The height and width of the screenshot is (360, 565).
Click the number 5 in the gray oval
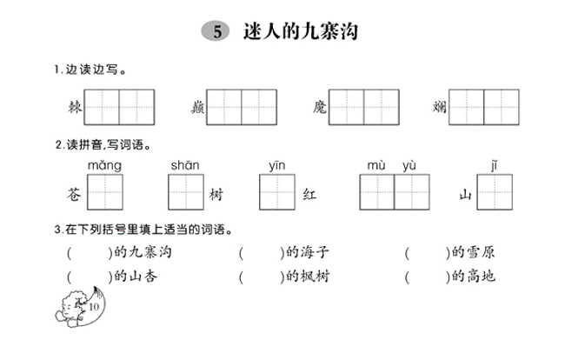pos(217,31)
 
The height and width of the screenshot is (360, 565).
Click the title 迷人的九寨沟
pos(301,31)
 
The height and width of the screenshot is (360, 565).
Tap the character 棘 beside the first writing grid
pos(76,107)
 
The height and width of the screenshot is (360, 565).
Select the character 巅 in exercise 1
pos(197,107)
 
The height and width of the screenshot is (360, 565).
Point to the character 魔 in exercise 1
pos(320,107)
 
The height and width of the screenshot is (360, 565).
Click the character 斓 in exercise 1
pos(440,107)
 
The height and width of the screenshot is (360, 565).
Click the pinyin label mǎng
pos(104,165)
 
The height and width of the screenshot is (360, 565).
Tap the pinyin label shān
pos(185,165)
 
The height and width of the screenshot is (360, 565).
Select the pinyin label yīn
pos(276,165)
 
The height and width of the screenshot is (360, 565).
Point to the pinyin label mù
pos(376,165)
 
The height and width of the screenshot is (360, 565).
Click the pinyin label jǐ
pos(494,165)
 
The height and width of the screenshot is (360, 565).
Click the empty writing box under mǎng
pos(105,192)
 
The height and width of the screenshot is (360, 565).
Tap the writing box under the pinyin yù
pos(412,192)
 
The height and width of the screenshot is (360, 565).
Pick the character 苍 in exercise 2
pos(74,194)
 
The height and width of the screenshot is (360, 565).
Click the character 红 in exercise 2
pos(309,195)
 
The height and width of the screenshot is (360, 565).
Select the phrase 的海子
pos(308,252)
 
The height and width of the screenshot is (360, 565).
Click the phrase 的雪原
pos(473,252)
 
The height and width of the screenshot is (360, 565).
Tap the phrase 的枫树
pos(308,277)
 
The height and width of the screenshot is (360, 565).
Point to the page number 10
pos(94,307)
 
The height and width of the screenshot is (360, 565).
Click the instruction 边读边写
pos(91,70)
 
